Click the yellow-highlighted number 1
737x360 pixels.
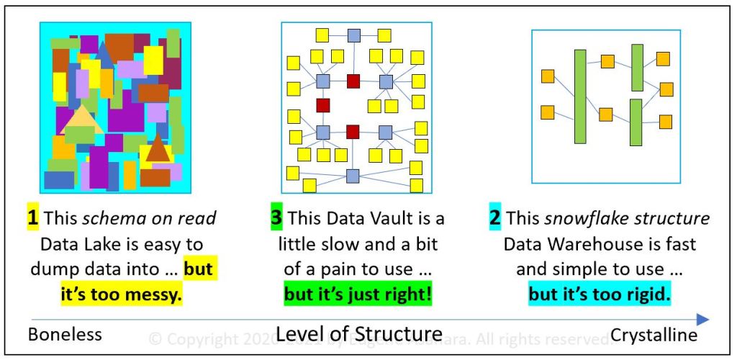click(32, 218)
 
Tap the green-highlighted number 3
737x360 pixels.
click(276, 218)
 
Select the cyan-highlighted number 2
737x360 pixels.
click(495, 218)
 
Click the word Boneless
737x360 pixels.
click(65, 335)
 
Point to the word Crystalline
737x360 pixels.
click(654, 335)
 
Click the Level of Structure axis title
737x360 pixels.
click(359, 334)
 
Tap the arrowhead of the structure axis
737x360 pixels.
click(703, 319)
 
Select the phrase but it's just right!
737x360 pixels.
click(358, 294)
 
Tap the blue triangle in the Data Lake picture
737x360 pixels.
click(105, 55)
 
